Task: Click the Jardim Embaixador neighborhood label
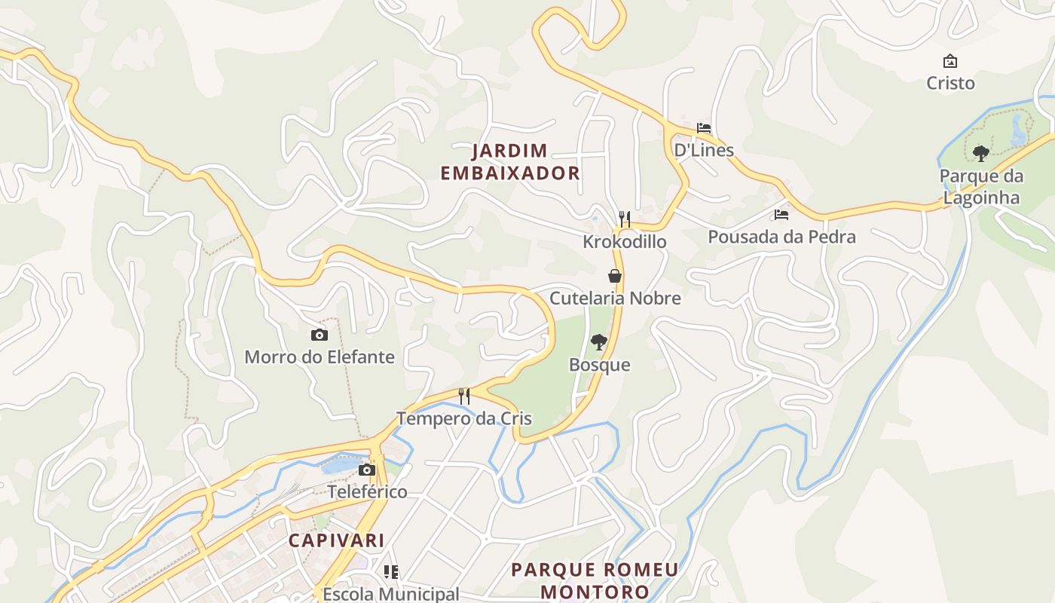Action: [510, 162]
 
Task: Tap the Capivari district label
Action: [336, 540]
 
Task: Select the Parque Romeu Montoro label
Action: [595, 580]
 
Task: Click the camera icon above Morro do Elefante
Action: [320, 335]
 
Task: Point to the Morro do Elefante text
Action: [320, 357]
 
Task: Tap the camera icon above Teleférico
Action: [367, 470]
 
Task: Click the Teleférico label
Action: [367, 492]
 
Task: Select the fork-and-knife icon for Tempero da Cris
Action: [464, 396]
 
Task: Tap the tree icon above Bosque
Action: [599, 342]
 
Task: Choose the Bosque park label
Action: [599, 365]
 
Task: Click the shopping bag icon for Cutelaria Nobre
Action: [615, 276]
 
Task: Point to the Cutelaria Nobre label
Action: [615, 298]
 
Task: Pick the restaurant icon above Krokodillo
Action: [624, 219]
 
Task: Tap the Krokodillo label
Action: [624, 241]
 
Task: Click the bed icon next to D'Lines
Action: [704, 128]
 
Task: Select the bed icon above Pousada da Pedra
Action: [781, 215]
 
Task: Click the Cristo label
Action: [950, 83]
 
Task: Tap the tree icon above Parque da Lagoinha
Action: [980, 154]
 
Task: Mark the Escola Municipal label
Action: [390, 594]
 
